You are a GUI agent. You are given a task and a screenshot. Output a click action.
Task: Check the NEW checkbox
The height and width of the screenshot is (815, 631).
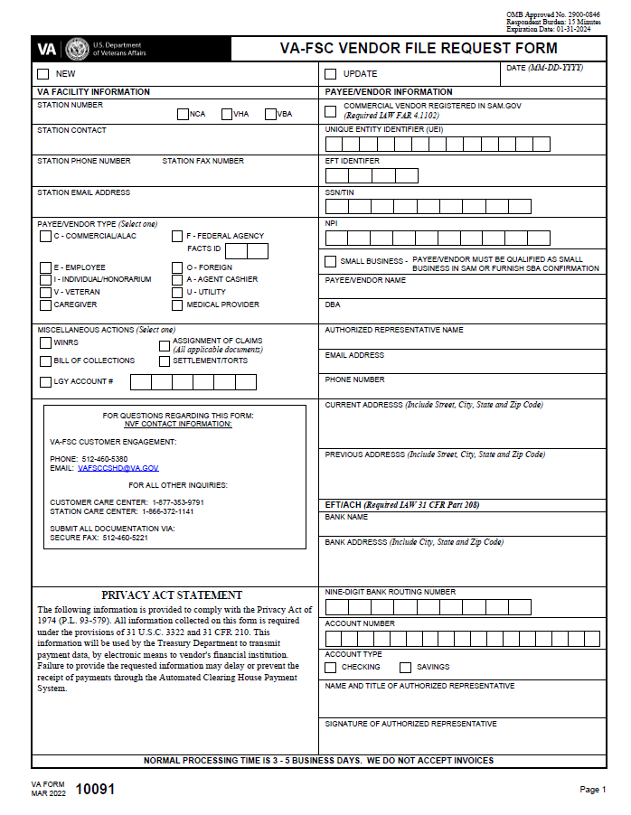coord(43,74)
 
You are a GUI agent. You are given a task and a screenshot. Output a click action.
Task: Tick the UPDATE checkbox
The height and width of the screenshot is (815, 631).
coord(330,74)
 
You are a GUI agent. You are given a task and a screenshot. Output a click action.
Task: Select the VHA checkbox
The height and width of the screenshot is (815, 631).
coord(227,114)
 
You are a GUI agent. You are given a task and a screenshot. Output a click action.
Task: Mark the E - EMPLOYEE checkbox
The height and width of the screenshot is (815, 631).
coord(45,268)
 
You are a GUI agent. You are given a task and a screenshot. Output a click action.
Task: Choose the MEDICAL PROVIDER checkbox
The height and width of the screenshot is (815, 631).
coord(178,304)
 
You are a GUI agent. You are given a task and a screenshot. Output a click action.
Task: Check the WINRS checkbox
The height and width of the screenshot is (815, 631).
coord(45,342)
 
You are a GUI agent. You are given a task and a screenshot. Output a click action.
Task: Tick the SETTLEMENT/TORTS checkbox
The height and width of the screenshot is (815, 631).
coord(165,361)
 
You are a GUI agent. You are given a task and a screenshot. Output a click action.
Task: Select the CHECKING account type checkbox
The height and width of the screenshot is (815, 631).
coord(330,668)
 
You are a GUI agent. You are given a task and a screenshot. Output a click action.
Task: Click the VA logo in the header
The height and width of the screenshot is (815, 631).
coord(47,49)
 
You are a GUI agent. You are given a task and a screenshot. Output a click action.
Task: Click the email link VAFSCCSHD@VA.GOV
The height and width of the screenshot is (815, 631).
coord(118,468)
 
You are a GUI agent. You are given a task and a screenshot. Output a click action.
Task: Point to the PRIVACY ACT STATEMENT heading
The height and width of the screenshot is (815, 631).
coord(172,595)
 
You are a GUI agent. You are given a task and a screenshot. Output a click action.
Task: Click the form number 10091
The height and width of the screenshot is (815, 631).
coord(95,789)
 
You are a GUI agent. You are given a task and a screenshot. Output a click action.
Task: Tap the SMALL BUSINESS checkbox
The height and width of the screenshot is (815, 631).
coord(330,262)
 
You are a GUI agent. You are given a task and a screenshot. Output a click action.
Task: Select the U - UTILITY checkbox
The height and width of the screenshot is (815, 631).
coord(178,293)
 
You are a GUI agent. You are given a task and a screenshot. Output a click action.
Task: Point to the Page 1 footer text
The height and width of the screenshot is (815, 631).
coord(592,790)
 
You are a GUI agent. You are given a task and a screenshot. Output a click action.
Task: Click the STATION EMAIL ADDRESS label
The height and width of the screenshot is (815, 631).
coord(83,192)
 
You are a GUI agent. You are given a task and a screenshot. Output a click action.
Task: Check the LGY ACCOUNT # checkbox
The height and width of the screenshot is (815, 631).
coord(45,382)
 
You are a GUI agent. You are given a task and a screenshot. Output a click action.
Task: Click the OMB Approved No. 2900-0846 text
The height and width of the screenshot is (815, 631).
coord(551,15)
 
